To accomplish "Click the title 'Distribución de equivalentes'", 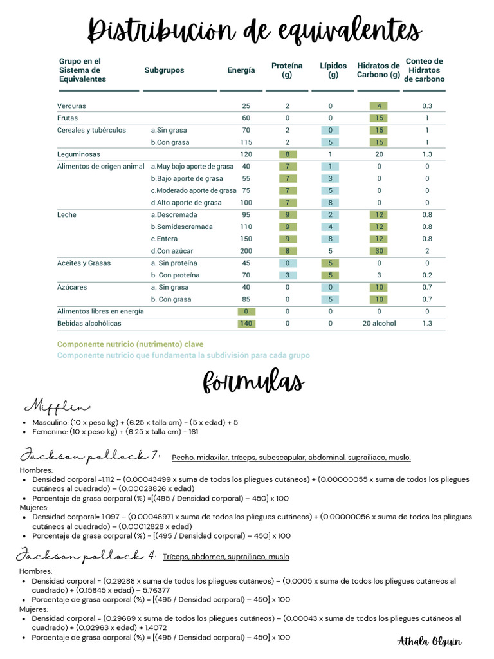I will pos(254,30).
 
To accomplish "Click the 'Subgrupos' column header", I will pos(164,70).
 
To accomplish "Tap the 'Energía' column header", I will pos(241,70).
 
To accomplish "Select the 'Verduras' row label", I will pos(71,106).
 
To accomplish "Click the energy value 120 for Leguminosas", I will pos(246,154).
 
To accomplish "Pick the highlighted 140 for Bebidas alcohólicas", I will pos(246,324).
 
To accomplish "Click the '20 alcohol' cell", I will pos(379,324).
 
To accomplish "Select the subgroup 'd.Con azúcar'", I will pos(172,251).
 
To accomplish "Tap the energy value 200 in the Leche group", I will pos(246,251).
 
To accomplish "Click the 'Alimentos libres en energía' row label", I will pos(100,311).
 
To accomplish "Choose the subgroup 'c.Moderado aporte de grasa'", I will pos(194,190).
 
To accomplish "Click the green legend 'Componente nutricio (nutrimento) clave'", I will pos(130,344).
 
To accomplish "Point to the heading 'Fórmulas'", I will pos(253,381).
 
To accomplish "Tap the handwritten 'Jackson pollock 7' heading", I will pos(90,456).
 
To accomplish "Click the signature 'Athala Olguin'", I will pos(430,641).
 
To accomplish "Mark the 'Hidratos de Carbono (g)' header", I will pos(378,70).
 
